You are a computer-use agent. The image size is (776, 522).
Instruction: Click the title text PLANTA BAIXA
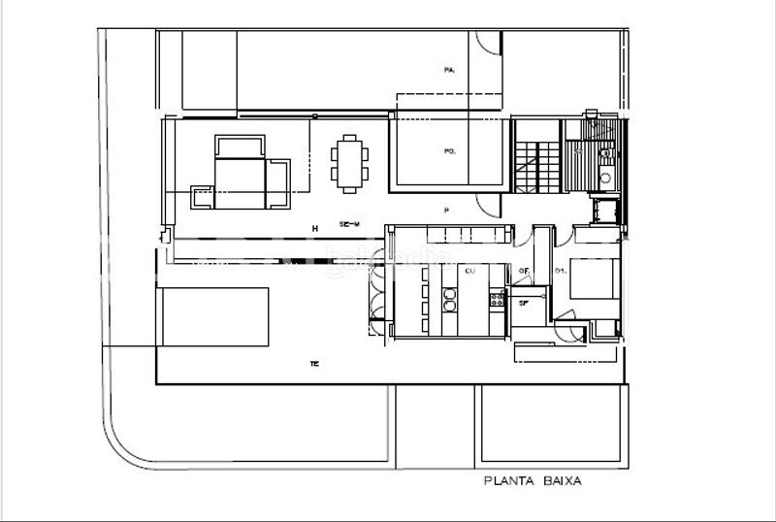[532, 480]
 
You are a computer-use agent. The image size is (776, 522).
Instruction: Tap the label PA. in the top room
[449, 70]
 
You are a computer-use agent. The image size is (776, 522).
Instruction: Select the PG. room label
[449, 150]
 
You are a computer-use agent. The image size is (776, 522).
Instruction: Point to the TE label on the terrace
[314, 364]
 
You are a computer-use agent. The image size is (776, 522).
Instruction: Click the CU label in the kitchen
[469, 271]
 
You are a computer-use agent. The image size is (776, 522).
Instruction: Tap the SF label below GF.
[524, 304]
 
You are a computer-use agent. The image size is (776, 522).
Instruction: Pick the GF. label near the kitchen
[524, 271]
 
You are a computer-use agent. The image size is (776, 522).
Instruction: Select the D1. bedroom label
[560, 271]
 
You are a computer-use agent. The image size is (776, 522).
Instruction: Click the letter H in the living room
[314, 228]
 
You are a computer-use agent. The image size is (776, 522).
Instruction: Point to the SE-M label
[350, 225]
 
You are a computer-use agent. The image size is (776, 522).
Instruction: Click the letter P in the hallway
[446, 210]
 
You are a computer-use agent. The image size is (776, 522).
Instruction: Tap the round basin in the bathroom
[604, 152]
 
